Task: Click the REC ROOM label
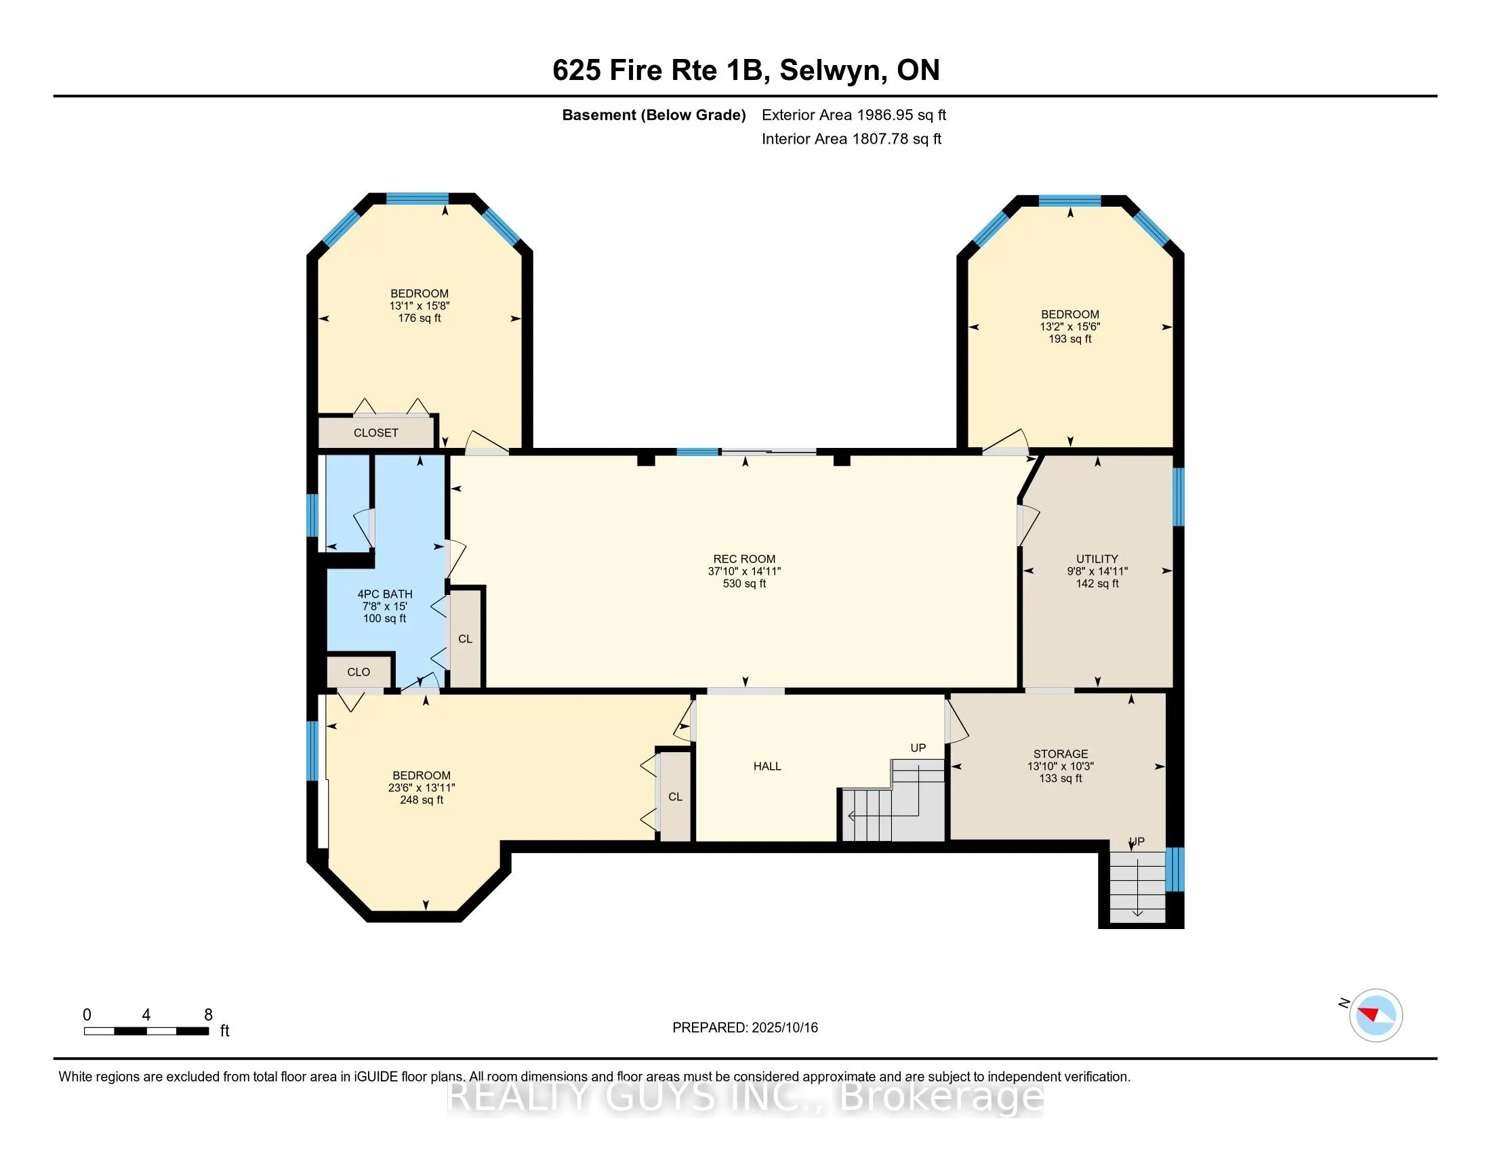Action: click(x=744, y=559)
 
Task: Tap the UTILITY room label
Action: click(x=1097, y=559)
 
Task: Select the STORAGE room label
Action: click(x=1060, y=754)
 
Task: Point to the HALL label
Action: click(x=767, y=766)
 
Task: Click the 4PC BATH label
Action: click(x=385, y=594)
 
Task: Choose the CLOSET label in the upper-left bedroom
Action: click(x=375, y=433)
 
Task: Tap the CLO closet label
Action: click(x=359, y=672)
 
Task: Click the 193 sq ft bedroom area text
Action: click(x=1069, y=340)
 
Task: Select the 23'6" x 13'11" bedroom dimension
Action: click(x=422, y=787)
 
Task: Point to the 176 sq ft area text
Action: click(x=419, y=318)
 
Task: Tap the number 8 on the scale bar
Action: click(x=208, y=1015)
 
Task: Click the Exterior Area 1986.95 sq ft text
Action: click(x=854, y=115)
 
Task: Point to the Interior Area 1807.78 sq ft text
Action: click(x=851, y=139)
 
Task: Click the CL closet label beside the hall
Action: click(x=675, y=797)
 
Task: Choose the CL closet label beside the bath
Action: click(x=465, y=640)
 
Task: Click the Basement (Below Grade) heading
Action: click(x=653, y=115)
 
